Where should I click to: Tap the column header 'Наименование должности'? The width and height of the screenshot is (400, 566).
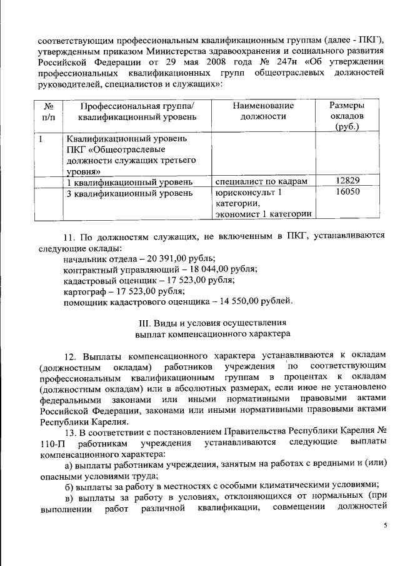pos(262,111)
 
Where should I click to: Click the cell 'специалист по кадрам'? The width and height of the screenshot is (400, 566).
pos(262,181)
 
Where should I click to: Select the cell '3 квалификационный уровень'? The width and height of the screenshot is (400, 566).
pos(128,193)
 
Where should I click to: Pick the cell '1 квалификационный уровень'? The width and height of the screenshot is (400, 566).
pos(128,182)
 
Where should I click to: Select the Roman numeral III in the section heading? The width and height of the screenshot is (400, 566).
pos(143,323)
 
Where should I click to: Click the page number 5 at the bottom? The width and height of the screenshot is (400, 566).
pos(385,527)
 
